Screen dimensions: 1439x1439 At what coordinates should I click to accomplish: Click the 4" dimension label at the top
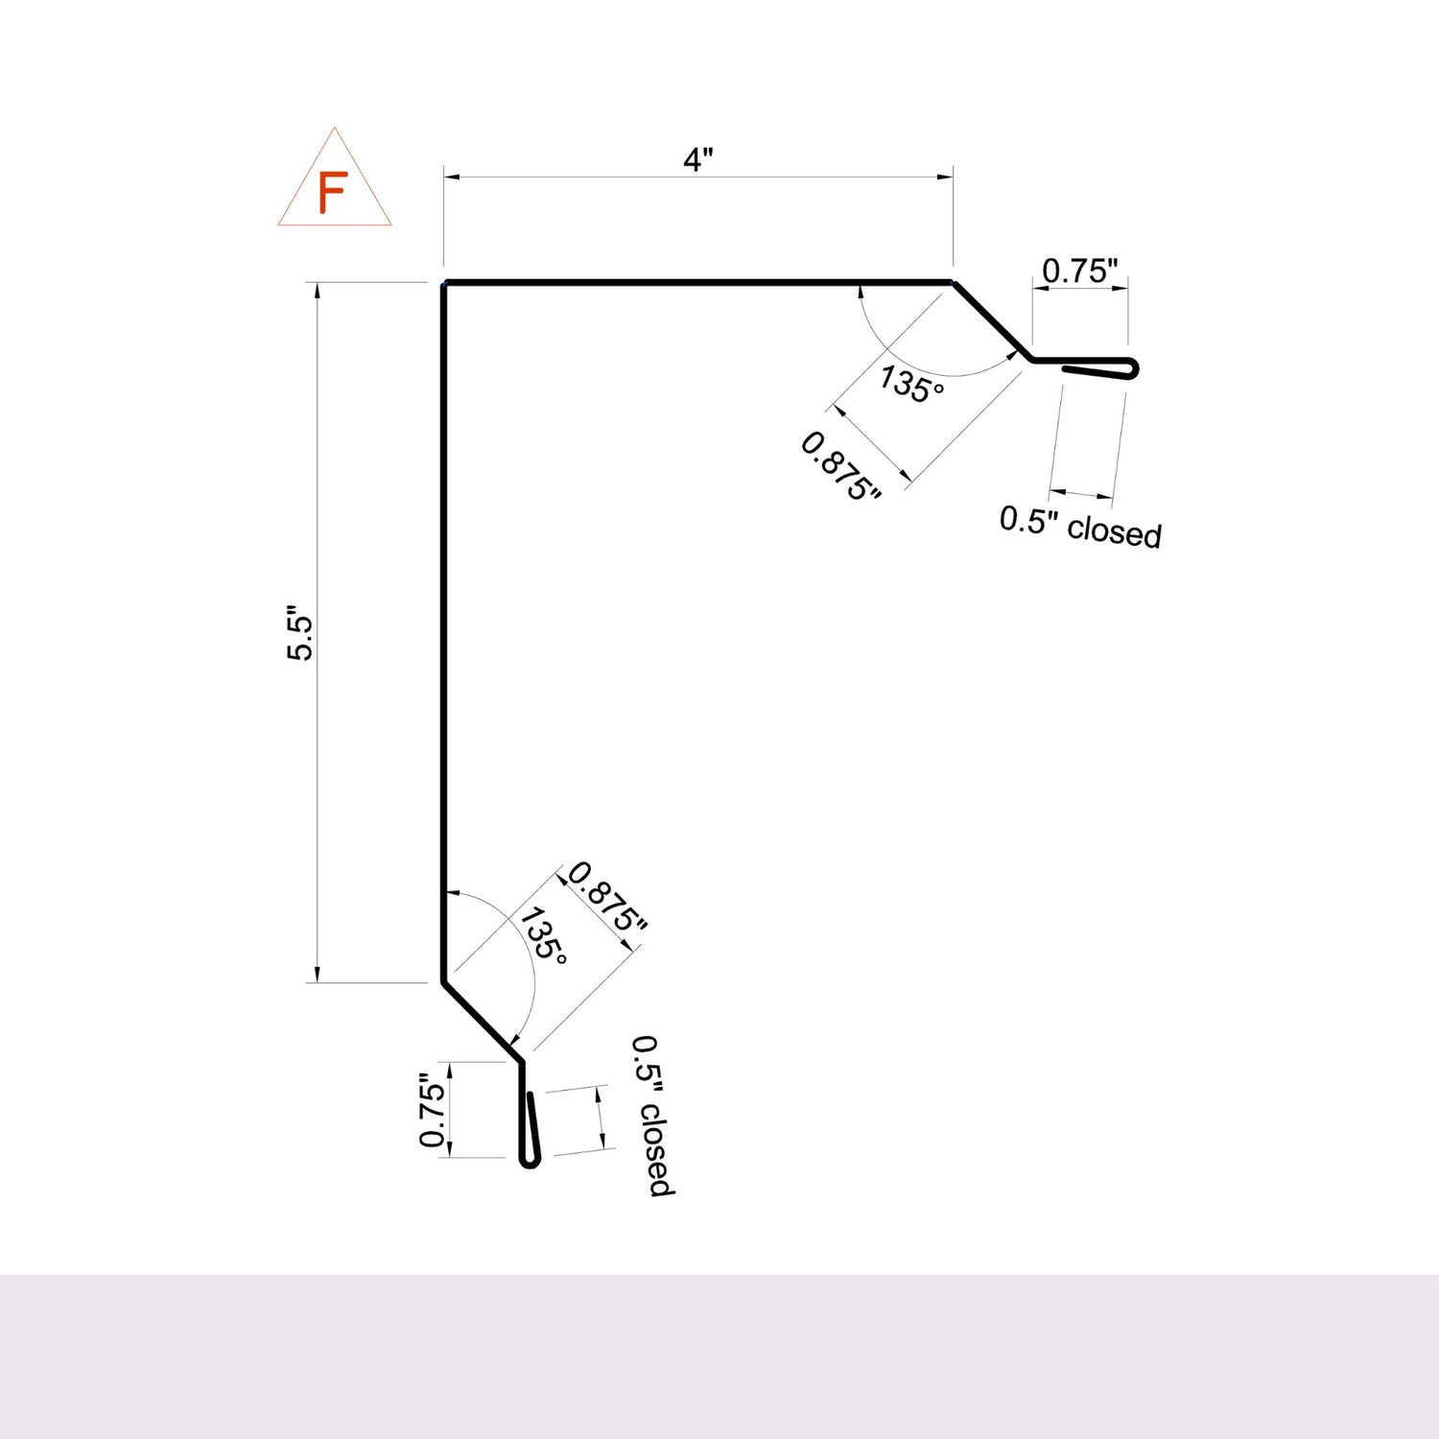pyautogui.click(x=697, y=159)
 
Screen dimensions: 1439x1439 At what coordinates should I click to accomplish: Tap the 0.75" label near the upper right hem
pyautogui.click(x=1080, y=271)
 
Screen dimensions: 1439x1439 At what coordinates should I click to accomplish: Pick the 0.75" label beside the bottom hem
pyautogui.click(x=433, y=1114)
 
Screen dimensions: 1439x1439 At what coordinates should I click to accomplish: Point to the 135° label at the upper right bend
pyautogui.click(x=911, y=384)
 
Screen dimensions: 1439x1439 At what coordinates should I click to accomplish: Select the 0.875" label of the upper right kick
pyautogui.click(x=840, y=467)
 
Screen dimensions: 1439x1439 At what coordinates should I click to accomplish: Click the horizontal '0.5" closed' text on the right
pyautogui.click(x=1080, y=527)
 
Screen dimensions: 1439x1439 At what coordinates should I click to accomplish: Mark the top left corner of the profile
pyautogui.click(x=444, y=283)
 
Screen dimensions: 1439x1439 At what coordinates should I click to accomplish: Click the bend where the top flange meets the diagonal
pyautogui.click(x=953, y=283)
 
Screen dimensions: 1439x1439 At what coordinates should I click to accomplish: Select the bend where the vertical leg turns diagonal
pyautogui.click(x=443, y=981)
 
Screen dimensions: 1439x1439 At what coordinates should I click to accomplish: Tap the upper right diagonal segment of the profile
pyautogui.click(x=992, y=321)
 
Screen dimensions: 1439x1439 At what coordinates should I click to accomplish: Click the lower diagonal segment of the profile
pyautogui.click(x=483, y=1021)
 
